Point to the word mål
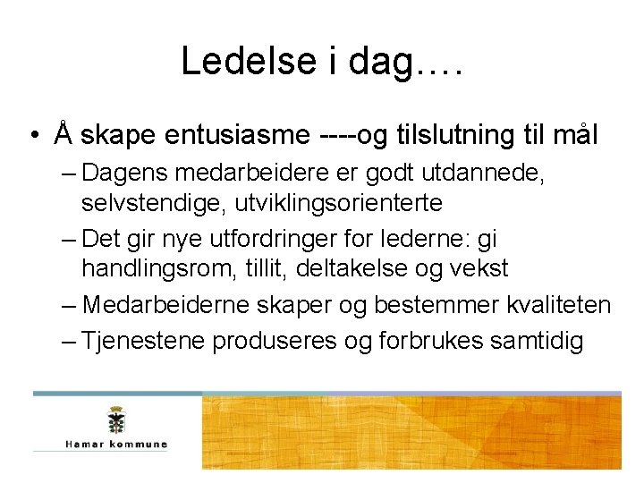(x=572, y=135)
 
